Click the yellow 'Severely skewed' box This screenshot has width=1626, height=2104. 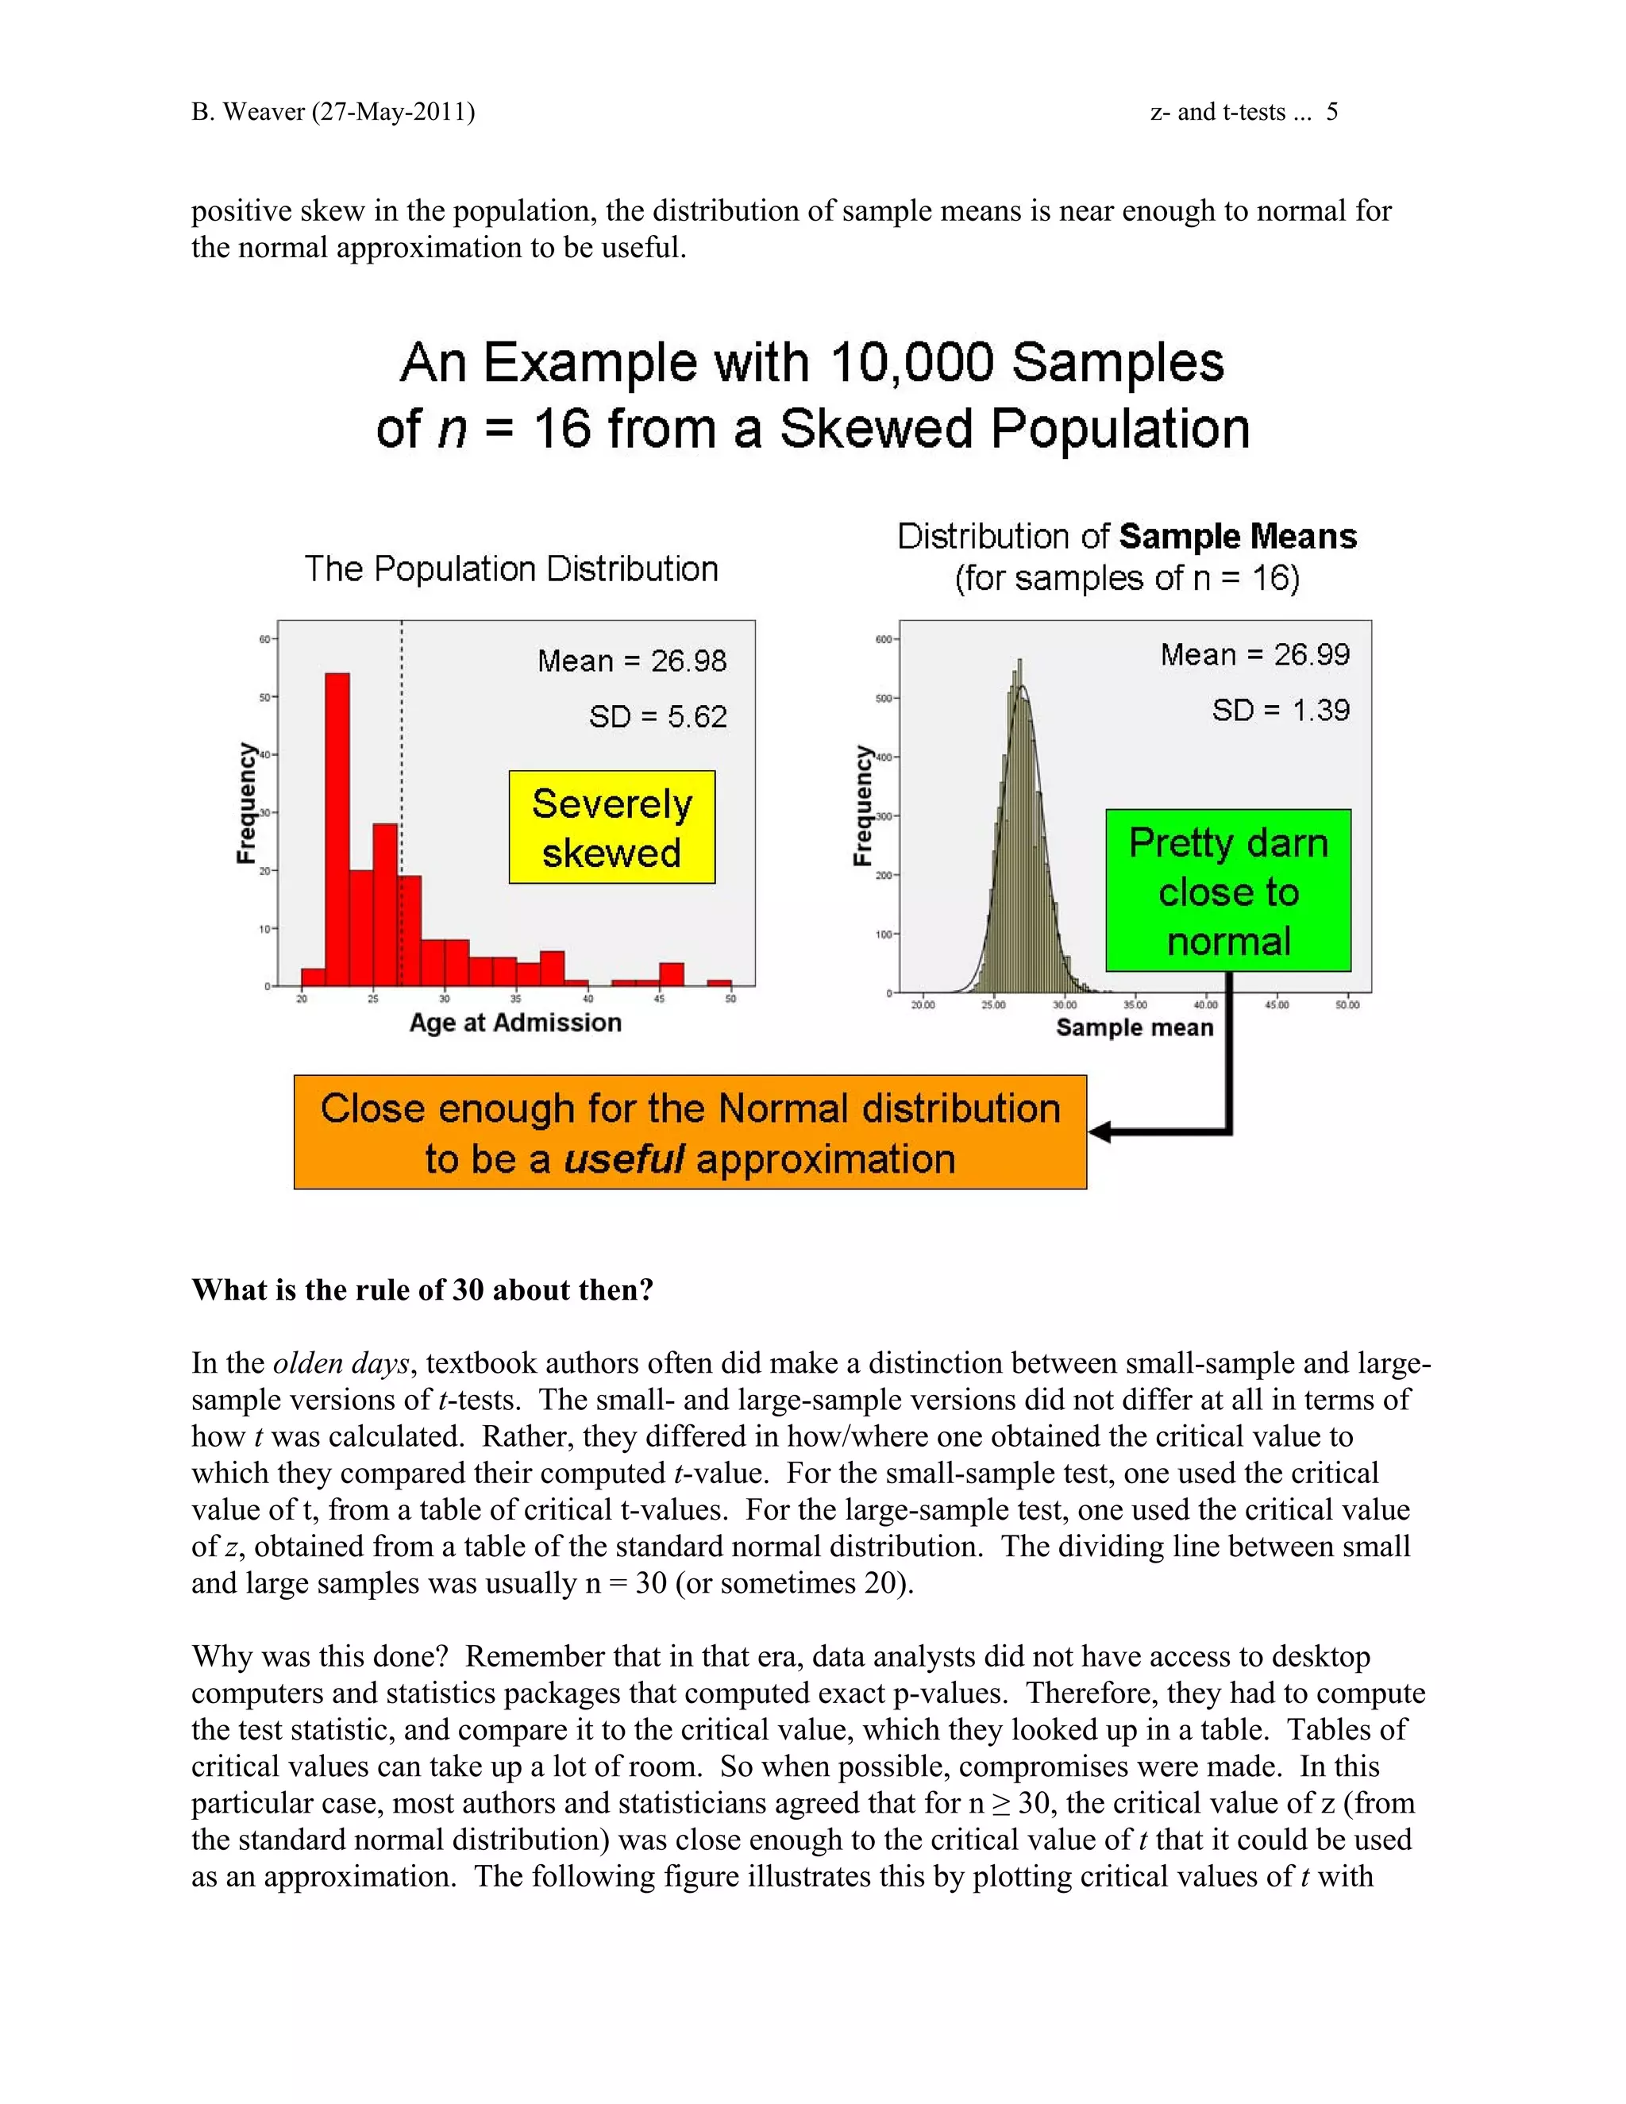pyautogui.click(x=611, y=827)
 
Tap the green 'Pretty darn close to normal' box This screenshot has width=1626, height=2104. pyautogui.click(x=1228, y=891)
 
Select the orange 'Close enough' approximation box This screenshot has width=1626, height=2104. pyautogui.click(x=690, y=1133)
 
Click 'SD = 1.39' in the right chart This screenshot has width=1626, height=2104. pyautogui.click(x=1280, y=711)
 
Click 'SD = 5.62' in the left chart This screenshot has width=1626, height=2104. pyautogui.click(x=658, y=717)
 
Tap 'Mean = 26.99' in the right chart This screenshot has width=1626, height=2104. pyautogui.click(x=1254, y=655)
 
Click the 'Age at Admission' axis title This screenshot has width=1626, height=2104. pyautogui.click(x=515, y=1023)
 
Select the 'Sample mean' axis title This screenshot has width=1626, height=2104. pyautogui.click(x=1135, y=1028)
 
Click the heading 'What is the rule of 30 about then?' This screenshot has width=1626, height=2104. pyautogui.click(x=422, y=1290)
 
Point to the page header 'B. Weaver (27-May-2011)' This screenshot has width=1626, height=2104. pyautogui.click(x=333, y=112)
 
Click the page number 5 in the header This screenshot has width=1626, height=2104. pyautogui.click(x=1331, y=112)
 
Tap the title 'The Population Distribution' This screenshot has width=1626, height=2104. pyautogui.click(x=511, y=569)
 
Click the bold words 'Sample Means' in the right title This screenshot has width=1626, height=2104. pyautogui.click(x=1238, y=537)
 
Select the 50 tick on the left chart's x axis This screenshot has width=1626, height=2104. pyautogui.click(x=730, y=999)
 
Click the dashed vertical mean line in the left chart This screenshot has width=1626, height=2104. pyautogui.click(x=402, y=732)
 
